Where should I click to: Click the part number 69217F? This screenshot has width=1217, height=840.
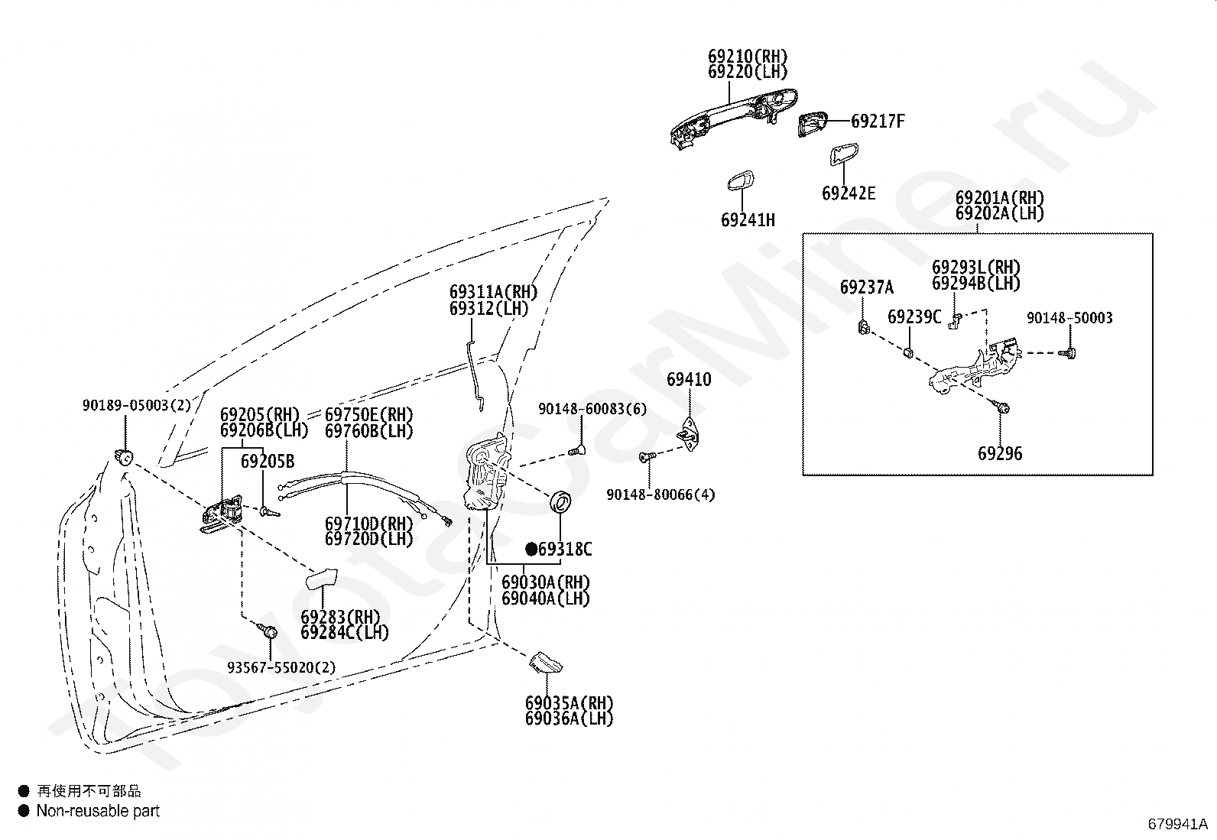[x=878, y=121]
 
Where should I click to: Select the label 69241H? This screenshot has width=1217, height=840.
[x=748, y=220]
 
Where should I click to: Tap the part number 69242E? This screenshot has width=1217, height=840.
[x=849, y=193]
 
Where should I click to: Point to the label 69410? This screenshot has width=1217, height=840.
[x=689, y=380]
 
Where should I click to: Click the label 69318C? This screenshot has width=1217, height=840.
[x=565, y=549]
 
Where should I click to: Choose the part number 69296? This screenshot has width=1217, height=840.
[x=1000, y=453]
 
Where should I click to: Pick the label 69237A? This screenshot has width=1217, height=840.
[x=866, y=287]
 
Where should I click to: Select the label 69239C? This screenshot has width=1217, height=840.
[x=914, y=316]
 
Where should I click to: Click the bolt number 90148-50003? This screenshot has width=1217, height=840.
[x=1069, y=318]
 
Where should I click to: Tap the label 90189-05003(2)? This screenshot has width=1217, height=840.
[x=137, y=406]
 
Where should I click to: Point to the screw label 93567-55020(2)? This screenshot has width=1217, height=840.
[x=281, y=667]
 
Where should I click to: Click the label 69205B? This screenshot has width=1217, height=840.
[x=268, y=461]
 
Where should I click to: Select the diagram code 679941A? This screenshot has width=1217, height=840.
[x=1177, y=824]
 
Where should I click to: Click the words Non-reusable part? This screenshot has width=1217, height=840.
[x=98, y=811]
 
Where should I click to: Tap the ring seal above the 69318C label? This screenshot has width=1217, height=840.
[x=562, y=502]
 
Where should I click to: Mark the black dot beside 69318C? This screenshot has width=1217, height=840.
[x=531, y=549]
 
